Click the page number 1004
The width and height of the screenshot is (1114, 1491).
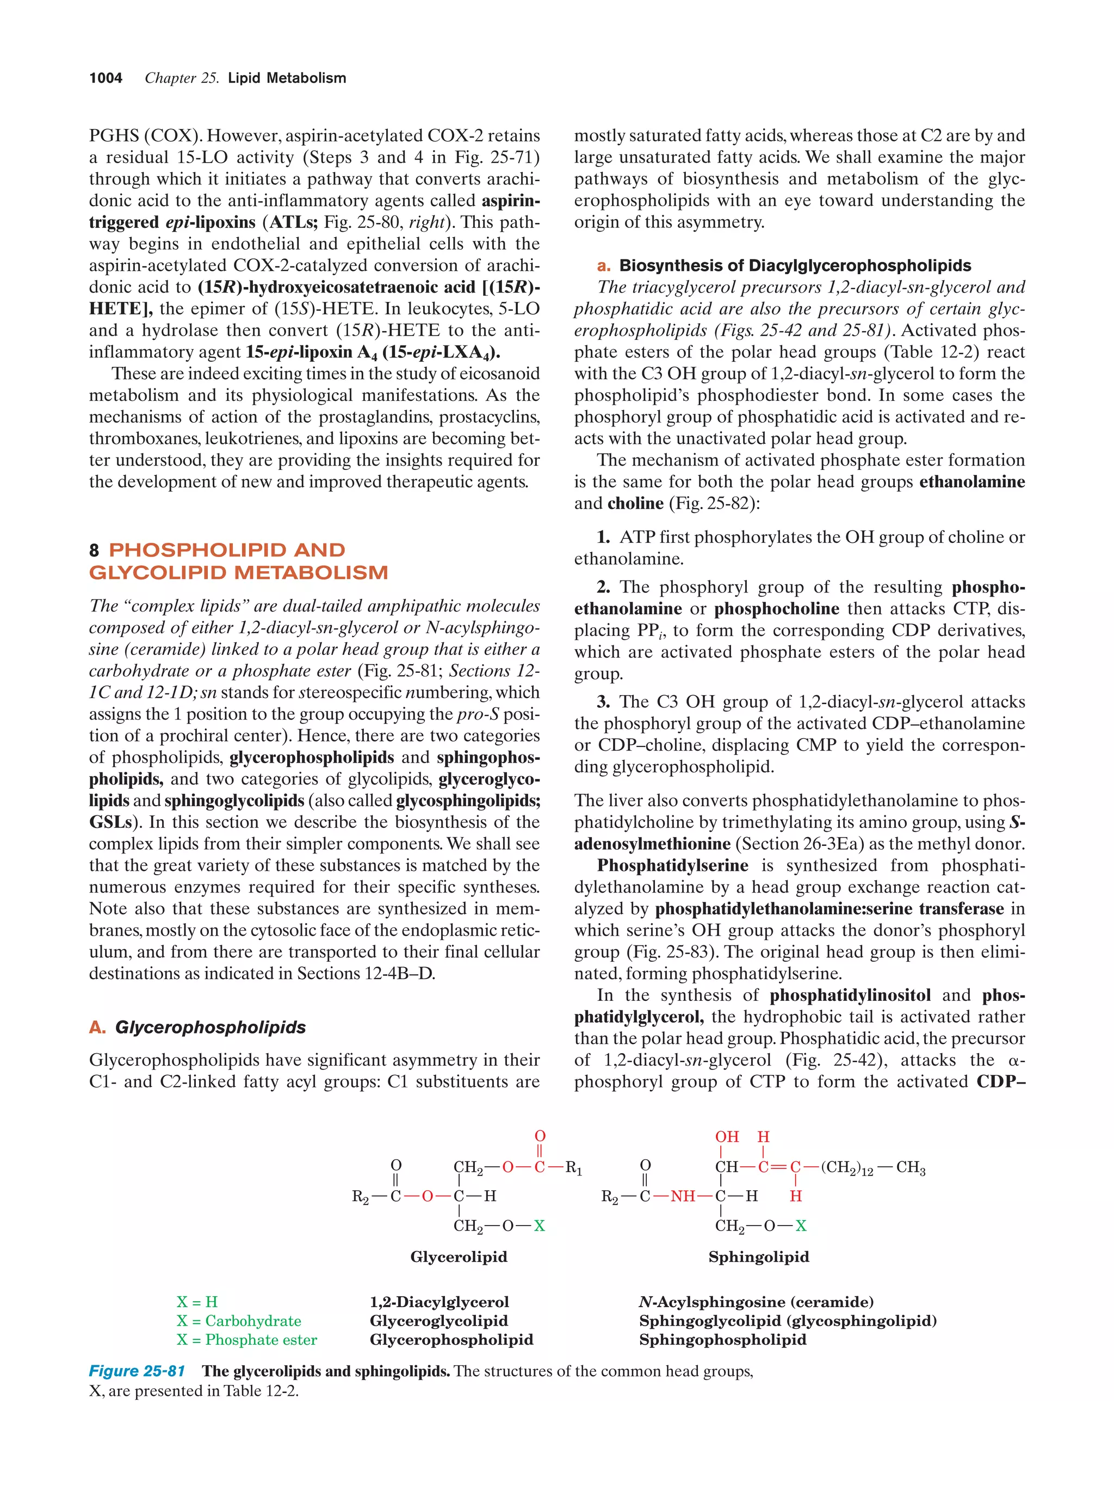[106, 78]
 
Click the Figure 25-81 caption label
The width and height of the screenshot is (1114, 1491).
[137, 1371]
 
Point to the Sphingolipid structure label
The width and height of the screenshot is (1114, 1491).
[758, 1257]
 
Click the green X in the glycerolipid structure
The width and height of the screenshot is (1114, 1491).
[539, 1226]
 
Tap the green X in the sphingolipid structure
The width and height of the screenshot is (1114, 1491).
[801, 1226]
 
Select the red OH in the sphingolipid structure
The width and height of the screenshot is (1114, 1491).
[727, 1137]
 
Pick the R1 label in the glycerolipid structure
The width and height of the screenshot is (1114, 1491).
[573, 1167]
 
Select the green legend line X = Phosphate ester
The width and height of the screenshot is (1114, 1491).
[246, 1339]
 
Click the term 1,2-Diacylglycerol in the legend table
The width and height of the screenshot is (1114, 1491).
[440, 1302]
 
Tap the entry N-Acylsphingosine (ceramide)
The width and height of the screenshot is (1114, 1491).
[756, 1302]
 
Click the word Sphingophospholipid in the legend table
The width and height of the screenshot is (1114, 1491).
[722, 1339]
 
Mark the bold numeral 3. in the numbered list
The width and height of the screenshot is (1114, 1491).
[603, 702]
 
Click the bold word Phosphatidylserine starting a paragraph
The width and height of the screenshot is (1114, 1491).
[672, 865]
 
